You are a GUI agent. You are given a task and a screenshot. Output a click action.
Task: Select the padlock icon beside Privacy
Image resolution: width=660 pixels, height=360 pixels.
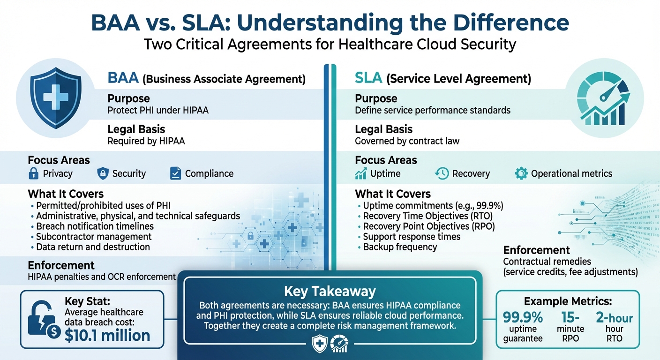(x=33, y=174)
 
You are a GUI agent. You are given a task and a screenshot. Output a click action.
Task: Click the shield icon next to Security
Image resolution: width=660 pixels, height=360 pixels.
(x=103, y=174)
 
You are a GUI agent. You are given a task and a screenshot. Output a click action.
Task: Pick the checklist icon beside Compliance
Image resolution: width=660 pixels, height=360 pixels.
(x=175, y=174)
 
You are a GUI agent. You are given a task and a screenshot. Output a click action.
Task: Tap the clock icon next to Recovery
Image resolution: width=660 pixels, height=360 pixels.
(x=442, y=174)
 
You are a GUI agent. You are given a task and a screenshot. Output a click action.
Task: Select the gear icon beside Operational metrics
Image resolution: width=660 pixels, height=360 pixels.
(x=521, y=174)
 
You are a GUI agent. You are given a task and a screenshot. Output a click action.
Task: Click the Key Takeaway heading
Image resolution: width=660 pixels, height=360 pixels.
(x=330, y=292)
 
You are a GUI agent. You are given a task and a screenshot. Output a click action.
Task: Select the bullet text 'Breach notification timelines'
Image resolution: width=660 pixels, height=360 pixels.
(x=95, y=226)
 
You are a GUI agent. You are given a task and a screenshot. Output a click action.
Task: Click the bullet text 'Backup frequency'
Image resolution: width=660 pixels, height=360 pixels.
(x=400, y=247)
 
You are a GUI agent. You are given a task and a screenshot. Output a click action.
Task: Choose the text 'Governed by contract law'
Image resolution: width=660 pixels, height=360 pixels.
(x=407, y=141)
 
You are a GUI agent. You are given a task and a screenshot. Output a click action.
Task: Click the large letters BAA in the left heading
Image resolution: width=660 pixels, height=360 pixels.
(x=123, y=78)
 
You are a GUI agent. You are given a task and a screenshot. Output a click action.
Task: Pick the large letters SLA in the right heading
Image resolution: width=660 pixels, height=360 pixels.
(x=369, y=78)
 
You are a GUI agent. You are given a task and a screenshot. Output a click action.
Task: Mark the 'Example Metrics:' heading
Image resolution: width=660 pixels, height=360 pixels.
(x=568, y=301)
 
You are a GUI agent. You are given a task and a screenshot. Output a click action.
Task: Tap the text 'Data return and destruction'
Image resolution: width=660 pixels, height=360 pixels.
(x=93, y=247)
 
